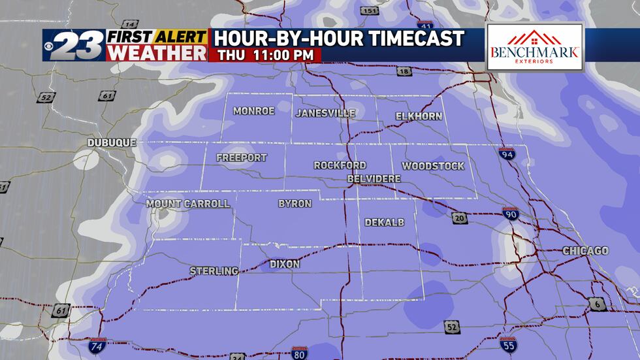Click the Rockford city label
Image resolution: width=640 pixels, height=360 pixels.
pos(340,165)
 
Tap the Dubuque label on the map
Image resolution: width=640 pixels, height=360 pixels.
pos(112,142)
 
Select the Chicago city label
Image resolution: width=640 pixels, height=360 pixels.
pos(585,251)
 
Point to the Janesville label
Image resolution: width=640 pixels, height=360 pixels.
pos(325,113)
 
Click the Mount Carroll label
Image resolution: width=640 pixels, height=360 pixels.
pos(187,204)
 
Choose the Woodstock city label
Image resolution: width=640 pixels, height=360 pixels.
pos(432,166)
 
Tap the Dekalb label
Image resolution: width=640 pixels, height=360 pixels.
pos(384,222)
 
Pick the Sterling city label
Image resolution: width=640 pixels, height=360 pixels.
pos(214,270)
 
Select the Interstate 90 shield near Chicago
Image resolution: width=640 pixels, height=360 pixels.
pos(511,214)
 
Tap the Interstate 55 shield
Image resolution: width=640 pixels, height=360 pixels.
pos(509,344)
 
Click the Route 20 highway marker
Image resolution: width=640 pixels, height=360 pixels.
pos(460,218)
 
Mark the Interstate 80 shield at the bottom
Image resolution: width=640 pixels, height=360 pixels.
pos(300,353)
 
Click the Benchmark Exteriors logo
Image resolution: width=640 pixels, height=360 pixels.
pos(534,47)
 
